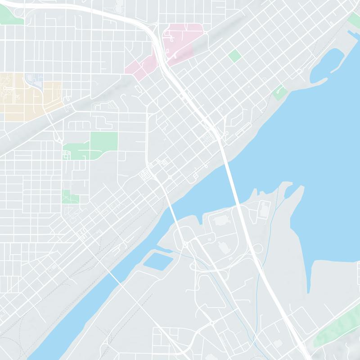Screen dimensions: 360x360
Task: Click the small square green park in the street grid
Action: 234,56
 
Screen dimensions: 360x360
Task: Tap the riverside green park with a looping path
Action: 279,92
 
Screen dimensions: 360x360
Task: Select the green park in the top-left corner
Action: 12,16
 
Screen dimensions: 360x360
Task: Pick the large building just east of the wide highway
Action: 264,208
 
